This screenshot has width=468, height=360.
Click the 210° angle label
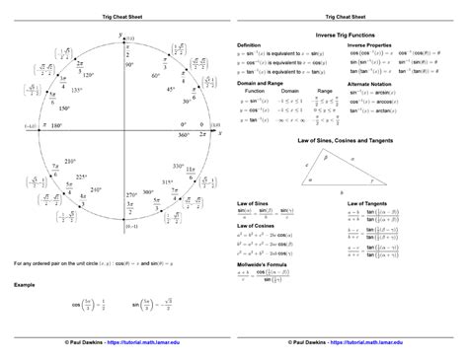pyautogui.click(x=69, y=160)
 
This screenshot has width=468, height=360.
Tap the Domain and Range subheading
pyautogui.click(x=260, y=87)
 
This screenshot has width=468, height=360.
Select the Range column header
pyautogui.click(x=324, y=95)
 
